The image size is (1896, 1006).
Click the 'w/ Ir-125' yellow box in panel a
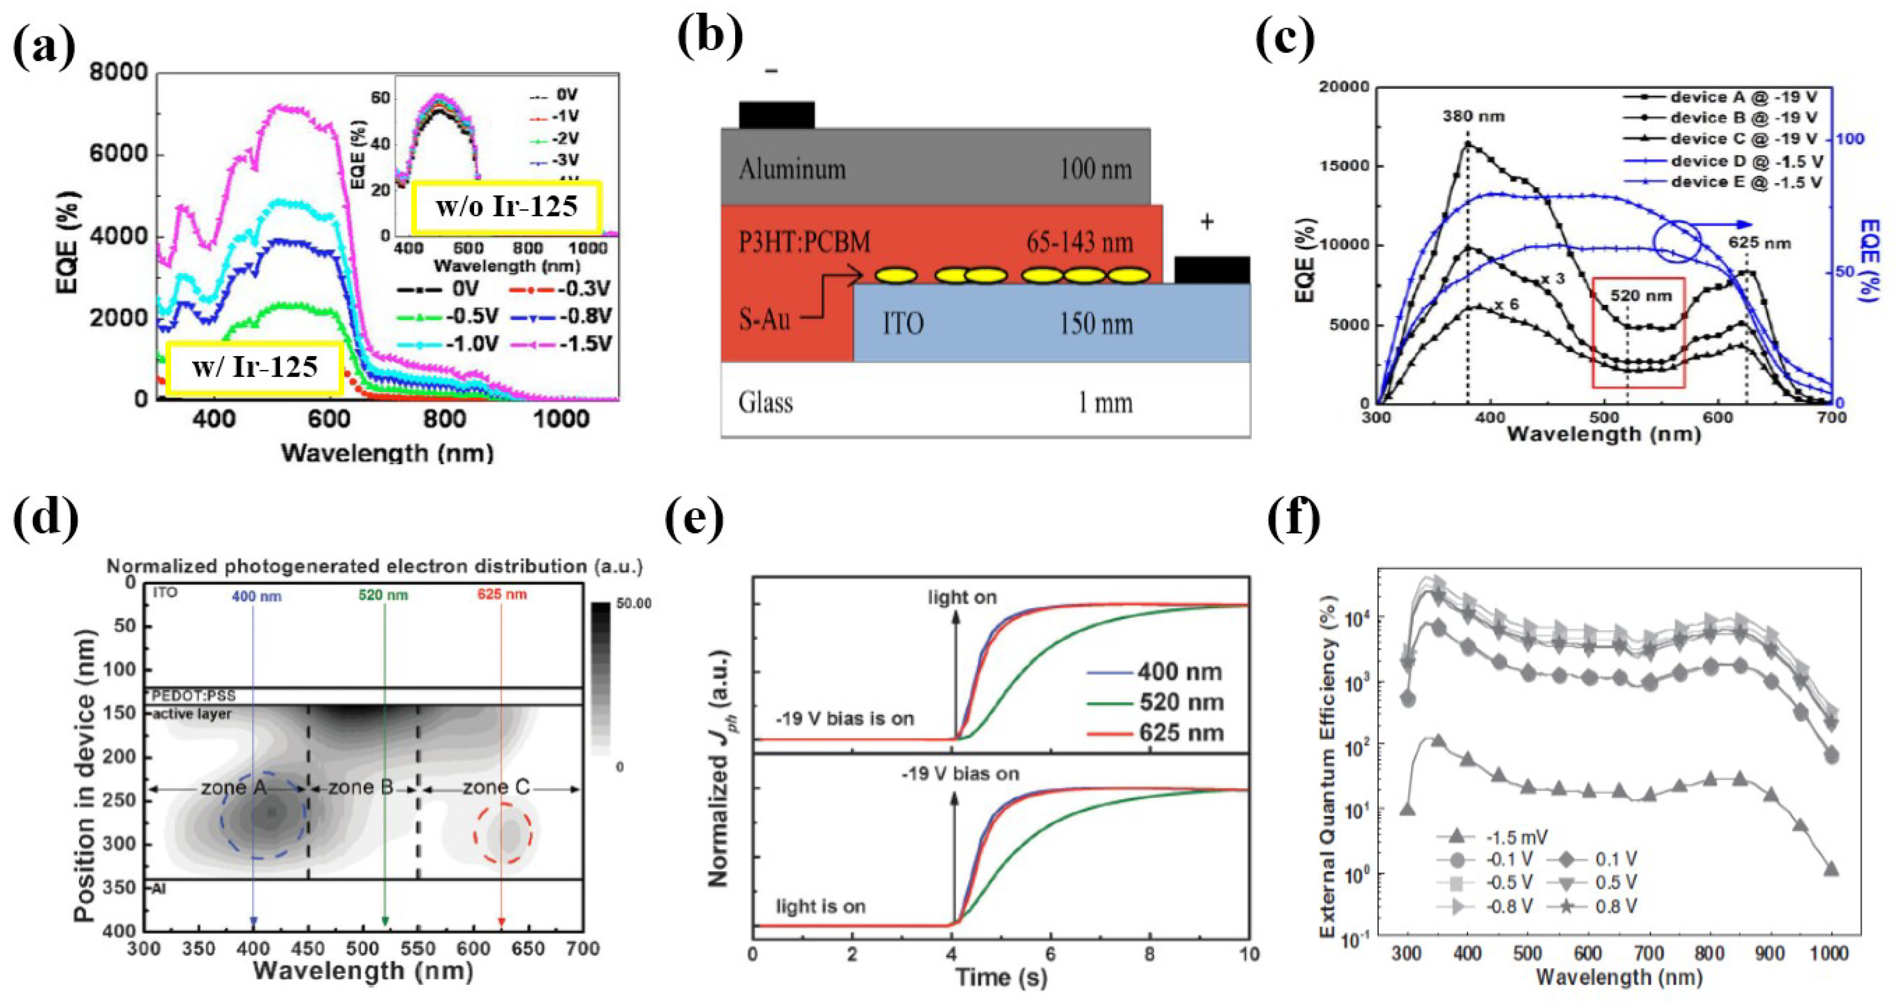(x=254, y=367)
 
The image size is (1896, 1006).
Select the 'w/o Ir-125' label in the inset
(x=506, y=207)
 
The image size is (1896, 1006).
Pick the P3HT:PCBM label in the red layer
(x=804, y=242)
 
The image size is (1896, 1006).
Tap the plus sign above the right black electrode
(x=1207, y=222)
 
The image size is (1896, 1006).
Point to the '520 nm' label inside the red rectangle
(x=1640, y=296)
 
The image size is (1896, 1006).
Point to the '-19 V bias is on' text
(x=844, y=718)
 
